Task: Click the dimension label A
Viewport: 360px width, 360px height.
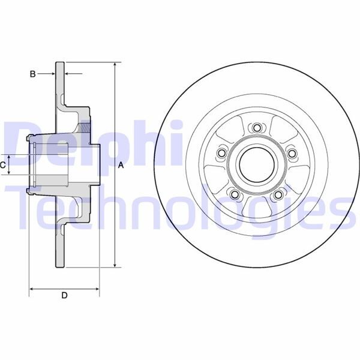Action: tap(121, 165)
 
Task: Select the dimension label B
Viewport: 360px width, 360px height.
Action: tap(34, 74)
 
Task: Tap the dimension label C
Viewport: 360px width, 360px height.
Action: tap(4, 164)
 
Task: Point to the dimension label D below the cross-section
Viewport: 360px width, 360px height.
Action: tap(64, 295)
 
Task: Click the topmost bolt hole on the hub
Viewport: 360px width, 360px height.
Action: tap(257, 128)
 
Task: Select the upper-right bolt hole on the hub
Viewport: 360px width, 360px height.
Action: tap(292, 154)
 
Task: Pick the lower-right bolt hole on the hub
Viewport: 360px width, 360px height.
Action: tap(278, 195)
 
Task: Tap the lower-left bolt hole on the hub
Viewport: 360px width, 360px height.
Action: tap(235, 195)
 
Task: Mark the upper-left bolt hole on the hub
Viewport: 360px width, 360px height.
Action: tap(221, 154)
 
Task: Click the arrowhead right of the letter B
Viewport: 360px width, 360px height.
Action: tap(67, 74)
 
